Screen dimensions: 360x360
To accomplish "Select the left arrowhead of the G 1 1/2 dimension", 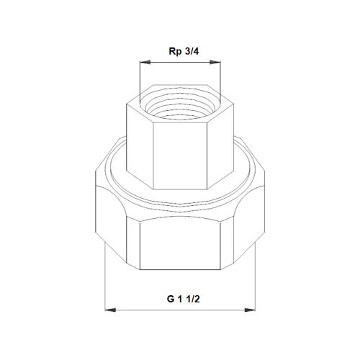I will pyautogui.click(x=109, y=310).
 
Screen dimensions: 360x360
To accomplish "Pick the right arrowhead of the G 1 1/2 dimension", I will pyautogui.click(x=251, y=310).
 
